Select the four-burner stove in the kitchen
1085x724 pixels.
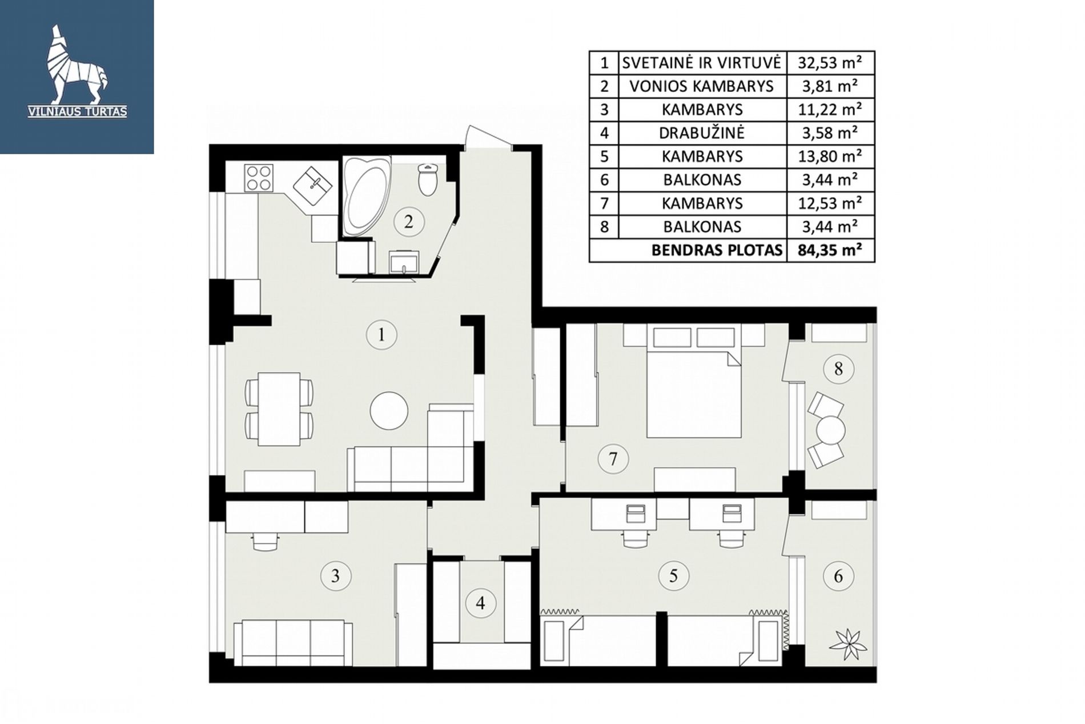(259, 177)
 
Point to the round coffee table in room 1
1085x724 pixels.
(389, 410)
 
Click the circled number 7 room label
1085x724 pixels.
(613, 459)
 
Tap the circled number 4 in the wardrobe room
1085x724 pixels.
(480, 603)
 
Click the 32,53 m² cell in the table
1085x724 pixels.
(830, 62)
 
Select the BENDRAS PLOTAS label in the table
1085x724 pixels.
(717, 250)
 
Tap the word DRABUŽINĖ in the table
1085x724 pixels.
(702, 133)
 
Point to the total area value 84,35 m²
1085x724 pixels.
(830, 250)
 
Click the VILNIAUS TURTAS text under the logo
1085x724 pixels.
(78, 112)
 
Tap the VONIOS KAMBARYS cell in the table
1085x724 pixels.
(701, 86)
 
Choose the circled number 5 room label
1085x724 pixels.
(673, 575)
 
